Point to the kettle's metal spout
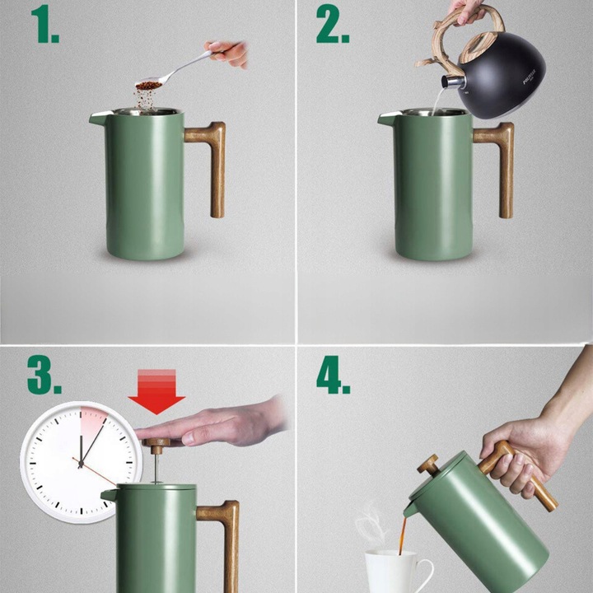tap(451, 82)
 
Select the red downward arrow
tap(156, 394)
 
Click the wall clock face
tap(74, 461)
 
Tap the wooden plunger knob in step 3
tap(155, 443)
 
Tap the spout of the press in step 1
tap(98, 119)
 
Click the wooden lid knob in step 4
tap(428, 465)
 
